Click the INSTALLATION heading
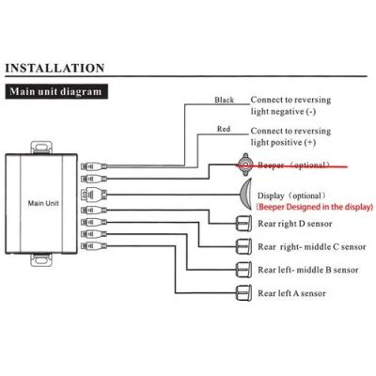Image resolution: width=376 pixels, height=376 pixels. click(x=55, y=68)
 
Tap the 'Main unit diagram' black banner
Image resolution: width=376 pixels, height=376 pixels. click(x=56, y=92)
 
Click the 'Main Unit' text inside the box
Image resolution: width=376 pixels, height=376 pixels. click(x=43, y=203)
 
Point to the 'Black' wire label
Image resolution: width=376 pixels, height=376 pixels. click(x=224, y=100)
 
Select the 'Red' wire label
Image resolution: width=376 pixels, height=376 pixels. click(x=224, y=129)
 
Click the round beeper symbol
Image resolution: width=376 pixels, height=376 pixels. click(x=245, y=164)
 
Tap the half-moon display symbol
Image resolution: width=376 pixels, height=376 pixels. click(x=246, y=195)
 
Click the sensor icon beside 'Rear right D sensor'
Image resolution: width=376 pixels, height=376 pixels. click(x=243, y=223)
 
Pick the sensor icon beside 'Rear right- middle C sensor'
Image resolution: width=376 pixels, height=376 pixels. click(x=243, y=246)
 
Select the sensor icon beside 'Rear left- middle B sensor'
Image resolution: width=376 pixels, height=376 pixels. click(x=243, y=270)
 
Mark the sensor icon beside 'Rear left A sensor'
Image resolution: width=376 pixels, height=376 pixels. click(x=243, y=293)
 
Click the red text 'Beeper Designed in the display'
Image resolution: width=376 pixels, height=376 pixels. click(x=315, y=207)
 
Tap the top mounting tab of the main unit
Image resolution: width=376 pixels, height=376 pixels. click(x=41, y=148)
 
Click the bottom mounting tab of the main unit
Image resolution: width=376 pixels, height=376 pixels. click(x=41, y=259)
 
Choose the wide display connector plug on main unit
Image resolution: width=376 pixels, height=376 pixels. click(x=94, y=195)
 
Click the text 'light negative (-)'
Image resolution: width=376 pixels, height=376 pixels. click(x=283, y=112)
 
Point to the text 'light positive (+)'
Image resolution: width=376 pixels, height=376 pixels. click(x=283, y=142)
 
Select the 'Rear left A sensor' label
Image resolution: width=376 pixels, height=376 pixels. click(x=291, y=293)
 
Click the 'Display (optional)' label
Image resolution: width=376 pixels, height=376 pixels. click(x=291, y=196)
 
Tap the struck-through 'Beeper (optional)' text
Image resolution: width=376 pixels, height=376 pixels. click(x=293, y=165)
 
